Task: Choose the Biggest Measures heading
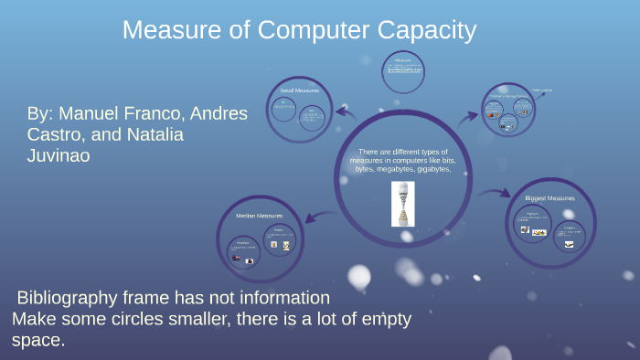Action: click(549, 197)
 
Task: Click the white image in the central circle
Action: click(402, 203)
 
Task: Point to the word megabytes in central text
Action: click(399, 169)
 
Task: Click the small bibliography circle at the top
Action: click(402, 70)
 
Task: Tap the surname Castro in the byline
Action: click(57, 135)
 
